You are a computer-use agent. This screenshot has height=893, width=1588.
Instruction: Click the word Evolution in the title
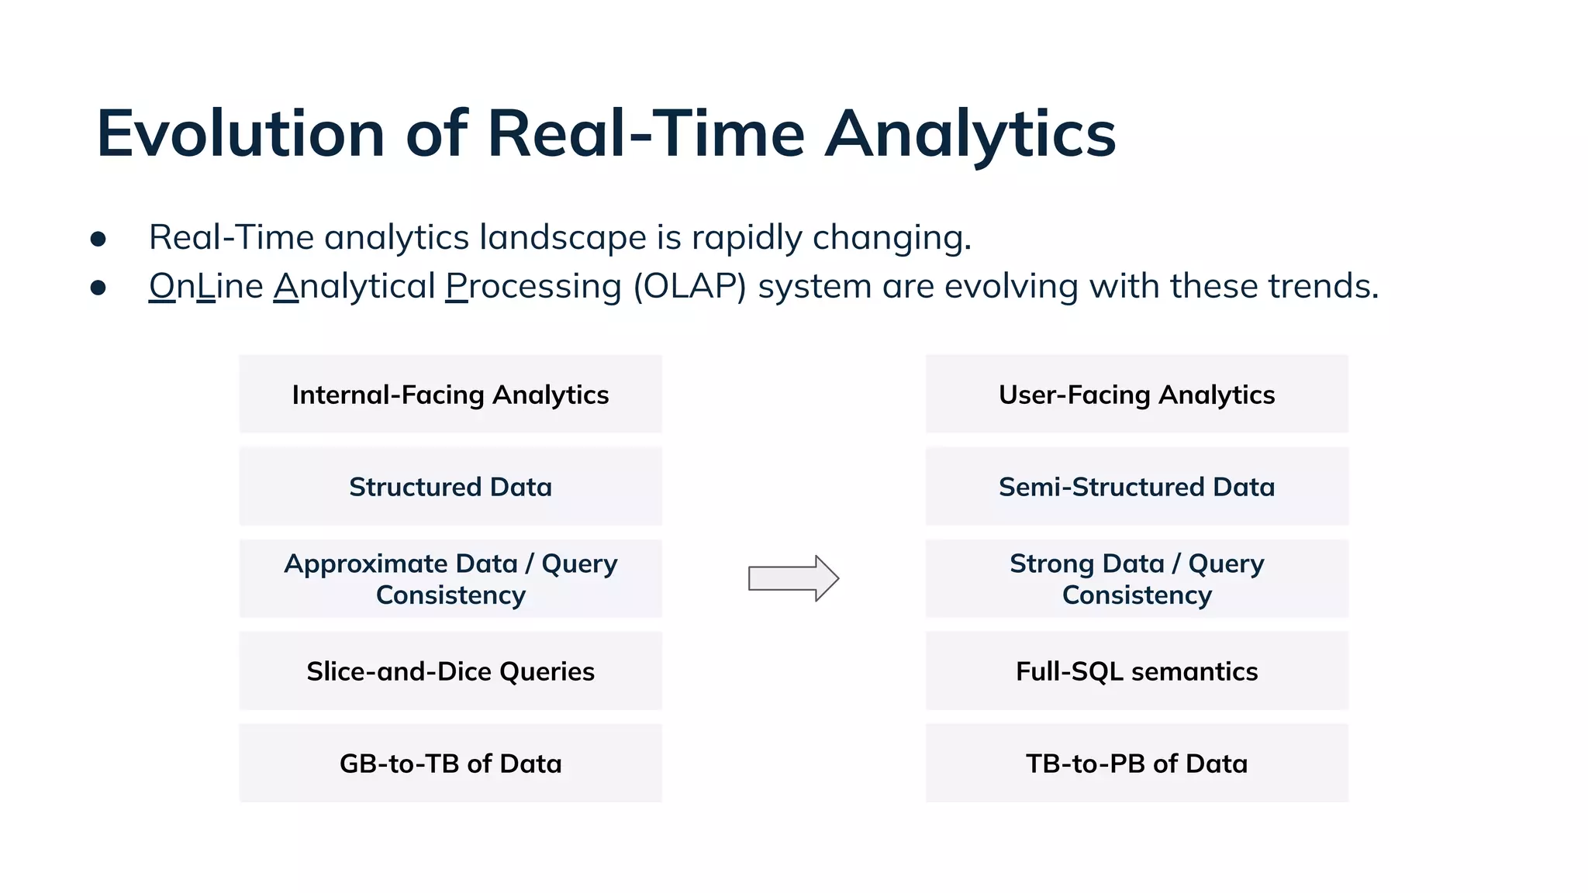click(x=240, y=133)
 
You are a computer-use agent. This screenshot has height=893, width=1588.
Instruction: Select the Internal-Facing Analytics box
click(x=451, y=395)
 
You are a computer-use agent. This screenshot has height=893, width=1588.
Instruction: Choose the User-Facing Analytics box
click(x=1137, y=395)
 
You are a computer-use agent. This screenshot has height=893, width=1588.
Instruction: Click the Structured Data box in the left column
click(x=451, y=487)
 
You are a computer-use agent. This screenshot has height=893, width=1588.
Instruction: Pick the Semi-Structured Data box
click(x=1137, y=487)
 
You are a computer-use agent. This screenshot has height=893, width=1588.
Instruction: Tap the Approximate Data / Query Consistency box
click(x=451, y=579)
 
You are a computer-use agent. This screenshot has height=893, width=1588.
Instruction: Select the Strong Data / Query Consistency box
click(x=1137, y=579)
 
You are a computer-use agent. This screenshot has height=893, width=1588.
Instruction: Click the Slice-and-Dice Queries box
click(x=451, y=671)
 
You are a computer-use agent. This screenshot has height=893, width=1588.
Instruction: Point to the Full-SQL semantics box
click(x=1137, y=671)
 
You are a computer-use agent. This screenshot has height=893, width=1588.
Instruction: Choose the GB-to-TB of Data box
click(x=451, y=764)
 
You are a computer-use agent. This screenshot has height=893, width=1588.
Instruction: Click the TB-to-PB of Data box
click(x=1137, y=764)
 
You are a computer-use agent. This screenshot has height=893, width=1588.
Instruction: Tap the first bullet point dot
click(x=98, y=239)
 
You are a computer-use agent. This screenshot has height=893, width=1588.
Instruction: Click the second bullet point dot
click(x=98, y=288)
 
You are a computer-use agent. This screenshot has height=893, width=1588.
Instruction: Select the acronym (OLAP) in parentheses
click(x=689, y=286)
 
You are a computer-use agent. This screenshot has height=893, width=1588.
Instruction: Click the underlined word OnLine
click(x=206, y=286)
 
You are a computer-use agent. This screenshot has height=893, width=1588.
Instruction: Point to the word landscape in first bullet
click(x=563, y=237)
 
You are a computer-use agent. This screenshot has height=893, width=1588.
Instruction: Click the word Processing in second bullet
click(x=533, y=286)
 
